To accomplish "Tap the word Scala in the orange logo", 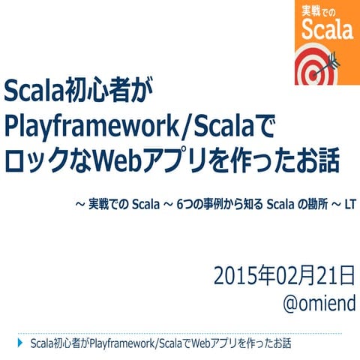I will pos(327,30).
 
